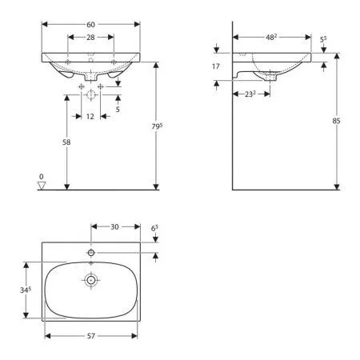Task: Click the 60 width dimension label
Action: coord(90,25)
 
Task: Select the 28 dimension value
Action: coord(90,38)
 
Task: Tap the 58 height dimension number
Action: coord(66,142)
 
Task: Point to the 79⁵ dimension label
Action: coord(157,126)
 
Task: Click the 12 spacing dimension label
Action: coord(90,117)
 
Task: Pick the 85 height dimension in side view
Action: coord(336,121)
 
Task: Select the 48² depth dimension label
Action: coord(271,37)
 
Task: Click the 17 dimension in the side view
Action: coord(216,66)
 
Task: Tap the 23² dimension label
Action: coord(250,94)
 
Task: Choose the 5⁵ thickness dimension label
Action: coord(323,40)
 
